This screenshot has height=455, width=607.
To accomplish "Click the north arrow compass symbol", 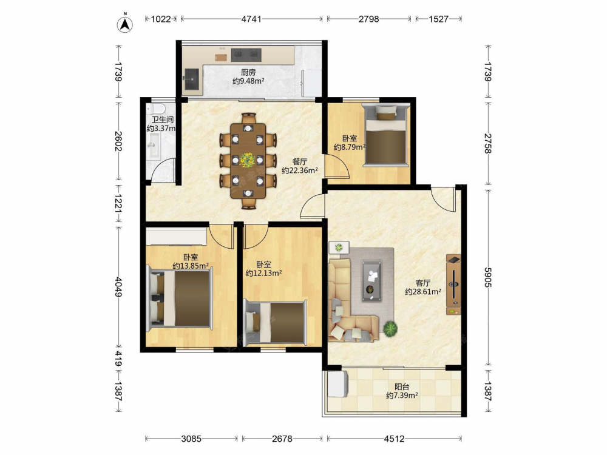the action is (124, 24).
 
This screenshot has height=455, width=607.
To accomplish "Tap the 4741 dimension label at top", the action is (251, 19).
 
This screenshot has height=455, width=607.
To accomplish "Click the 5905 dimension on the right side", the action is (488, 277).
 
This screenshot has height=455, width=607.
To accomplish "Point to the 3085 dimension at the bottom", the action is (191, 439).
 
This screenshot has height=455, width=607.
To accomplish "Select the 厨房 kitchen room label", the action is (248, 72).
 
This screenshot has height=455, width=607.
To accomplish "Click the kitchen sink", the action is (192, 79).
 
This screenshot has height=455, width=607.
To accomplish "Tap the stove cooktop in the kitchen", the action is (246, 55).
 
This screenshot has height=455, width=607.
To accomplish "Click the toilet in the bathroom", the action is (158, 107).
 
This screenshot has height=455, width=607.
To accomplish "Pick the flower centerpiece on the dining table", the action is (246, 160).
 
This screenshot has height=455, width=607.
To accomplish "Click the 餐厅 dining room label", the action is (300, 161).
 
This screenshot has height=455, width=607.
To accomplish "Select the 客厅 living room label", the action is (423, 283).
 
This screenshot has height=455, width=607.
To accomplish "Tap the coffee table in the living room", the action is (371, 281).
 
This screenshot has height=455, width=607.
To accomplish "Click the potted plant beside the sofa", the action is (390, 328).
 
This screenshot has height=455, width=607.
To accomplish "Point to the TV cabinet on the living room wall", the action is (453, 285).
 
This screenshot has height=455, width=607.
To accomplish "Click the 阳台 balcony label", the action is (402, 386).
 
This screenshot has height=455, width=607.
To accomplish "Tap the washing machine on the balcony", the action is (337, 384).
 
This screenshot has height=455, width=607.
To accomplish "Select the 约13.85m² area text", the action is (191, 266).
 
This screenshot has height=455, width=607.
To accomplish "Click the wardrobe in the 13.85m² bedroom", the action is (176, 237).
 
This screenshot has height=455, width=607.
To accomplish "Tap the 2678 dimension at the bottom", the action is (282, 439).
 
